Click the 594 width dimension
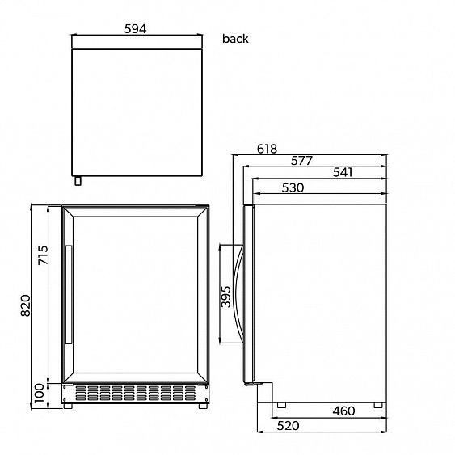pos(136,29)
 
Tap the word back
pos(235,39)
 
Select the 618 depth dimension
pos(267,149)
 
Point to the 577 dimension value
pos(301,161)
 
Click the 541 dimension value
pos(343,172)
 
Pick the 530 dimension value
pos(293,187)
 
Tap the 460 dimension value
pos(343,411)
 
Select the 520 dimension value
pos(289,426)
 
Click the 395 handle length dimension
pos(225,297)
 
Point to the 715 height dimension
pos(43,255)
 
